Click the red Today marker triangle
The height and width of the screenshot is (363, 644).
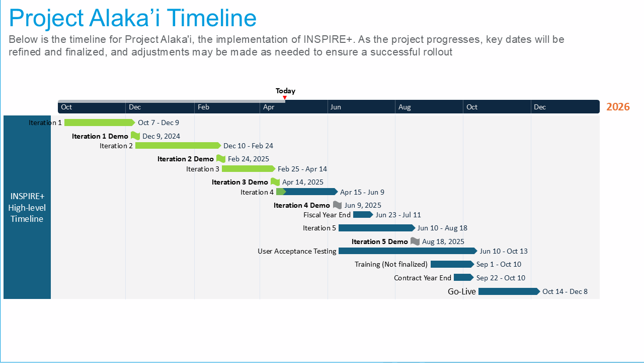pos(285,98)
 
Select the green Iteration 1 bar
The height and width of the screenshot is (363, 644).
pos(100,123)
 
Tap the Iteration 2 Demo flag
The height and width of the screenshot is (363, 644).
pos(221,159)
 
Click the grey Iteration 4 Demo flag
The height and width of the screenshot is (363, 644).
pos(337,205)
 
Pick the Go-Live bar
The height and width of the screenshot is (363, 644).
pos(509,291)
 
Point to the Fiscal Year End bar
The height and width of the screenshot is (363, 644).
pos(363,215)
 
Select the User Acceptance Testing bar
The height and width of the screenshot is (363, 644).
pos(408,251)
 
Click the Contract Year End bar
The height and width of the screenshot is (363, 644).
pos(463,277)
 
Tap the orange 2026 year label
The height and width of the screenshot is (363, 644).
pos(618,107)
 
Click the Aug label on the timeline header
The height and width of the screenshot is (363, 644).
pos(405,107)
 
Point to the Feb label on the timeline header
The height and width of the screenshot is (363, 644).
pos(203,107)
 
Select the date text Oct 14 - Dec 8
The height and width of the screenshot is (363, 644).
pos(565,291)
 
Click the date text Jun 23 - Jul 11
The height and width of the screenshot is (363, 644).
pos(398,215)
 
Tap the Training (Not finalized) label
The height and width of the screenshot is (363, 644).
pos(391,264)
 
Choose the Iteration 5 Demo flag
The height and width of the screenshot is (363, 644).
pos(415,241)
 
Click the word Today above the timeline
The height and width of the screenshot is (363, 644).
pos(285,91)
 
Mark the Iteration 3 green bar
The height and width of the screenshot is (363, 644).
pos(249,168)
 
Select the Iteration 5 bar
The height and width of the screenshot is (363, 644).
pos(377,228)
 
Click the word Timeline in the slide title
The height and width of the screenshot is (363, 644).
pos(211,18)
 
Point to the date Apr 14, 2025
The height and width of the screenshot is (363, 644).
pos(303,182)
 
